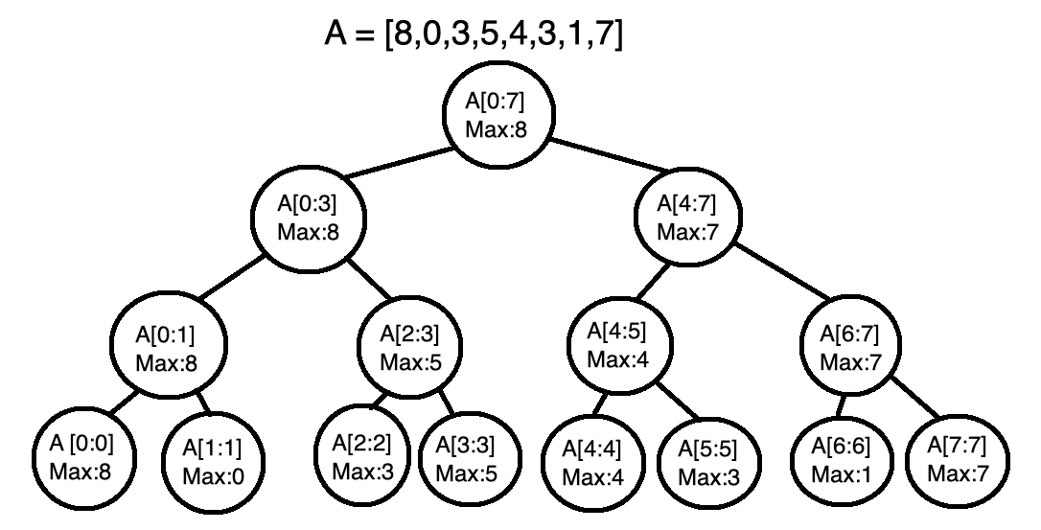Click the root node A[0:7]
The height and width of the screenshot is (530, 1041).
coord(496,115)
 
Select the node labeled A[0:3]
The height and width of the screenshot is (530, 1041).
coord(308,219)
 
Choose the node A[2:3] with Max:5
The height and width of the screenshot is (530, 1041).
coord(409,349)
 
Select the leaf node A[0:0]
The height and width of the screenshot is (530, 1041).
coord(82,458)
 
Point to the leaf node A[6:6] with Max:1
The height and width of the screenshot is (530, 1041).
coord(836,458)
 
